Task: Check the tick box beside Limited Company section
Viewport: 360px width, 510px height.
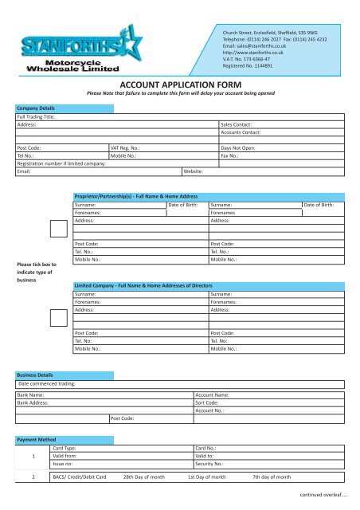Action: (x=57, y=316)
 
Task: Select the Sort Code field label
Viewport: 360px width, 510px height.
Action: (x=209, y=404)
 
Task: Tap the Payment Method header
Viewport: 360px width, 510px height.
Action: (x=37, y=439)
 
